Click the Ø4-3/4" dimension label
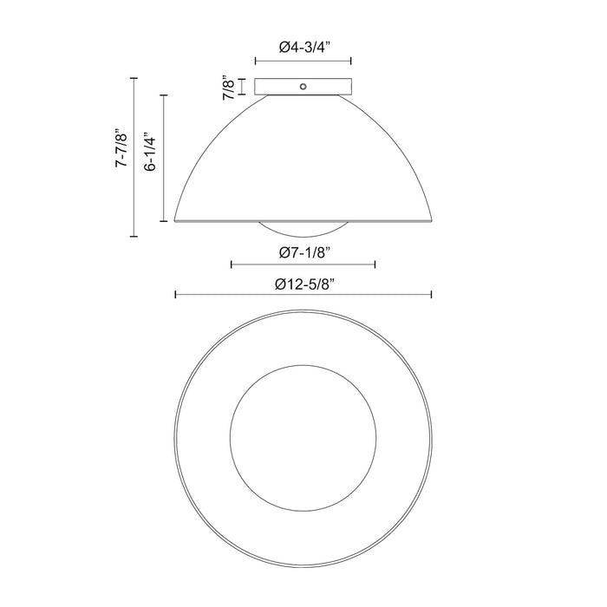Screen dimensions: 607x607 click(x=303, y=49)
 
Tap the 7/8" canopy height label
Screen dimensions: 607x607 click(x=228, y=88)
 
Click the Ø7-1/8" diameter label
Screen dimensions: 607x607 click(x=303, y=252)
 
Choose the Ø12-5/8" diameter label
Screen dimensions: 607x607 click(x=303, y=284)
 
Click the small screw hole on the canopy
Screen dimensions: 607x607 click(x=303, y=87)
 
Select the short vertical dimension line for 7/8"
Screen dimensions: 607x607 click(x=242, y=88)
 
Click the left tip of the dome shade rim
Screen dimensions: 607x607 click(x=176, y=220)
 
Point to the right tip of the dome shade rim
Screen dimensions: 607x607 click(x=431, y=220)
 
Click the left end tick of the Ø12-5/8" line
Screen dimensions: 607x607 click(x=176, y=296)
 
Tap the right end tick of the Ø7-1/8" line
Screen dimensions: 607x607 click(x=375, y=264)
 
